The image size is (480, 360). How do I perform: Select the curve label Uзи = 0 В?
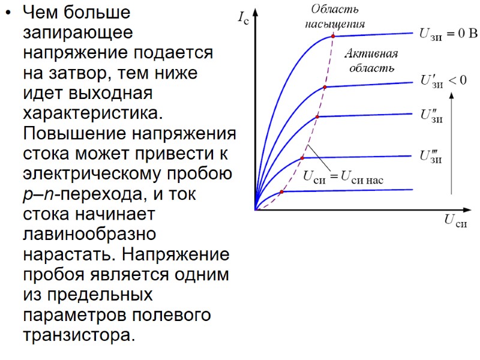[x=448, y=34]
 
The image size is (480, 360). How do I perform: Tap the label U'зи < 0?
[x=443, y=81]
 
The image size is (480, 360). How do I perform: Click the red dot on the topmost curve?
[x=333, y=37]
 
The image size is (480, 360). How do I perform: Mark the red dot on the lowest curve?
[x=281, y=192]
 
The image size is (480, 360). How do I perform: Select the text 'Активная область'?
[x=371, y=61]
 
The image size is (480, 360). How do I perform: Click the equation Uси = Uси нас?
[x=343, y=177]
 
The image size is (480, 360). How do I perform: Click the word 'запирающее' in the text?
[x=78, y=32]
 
